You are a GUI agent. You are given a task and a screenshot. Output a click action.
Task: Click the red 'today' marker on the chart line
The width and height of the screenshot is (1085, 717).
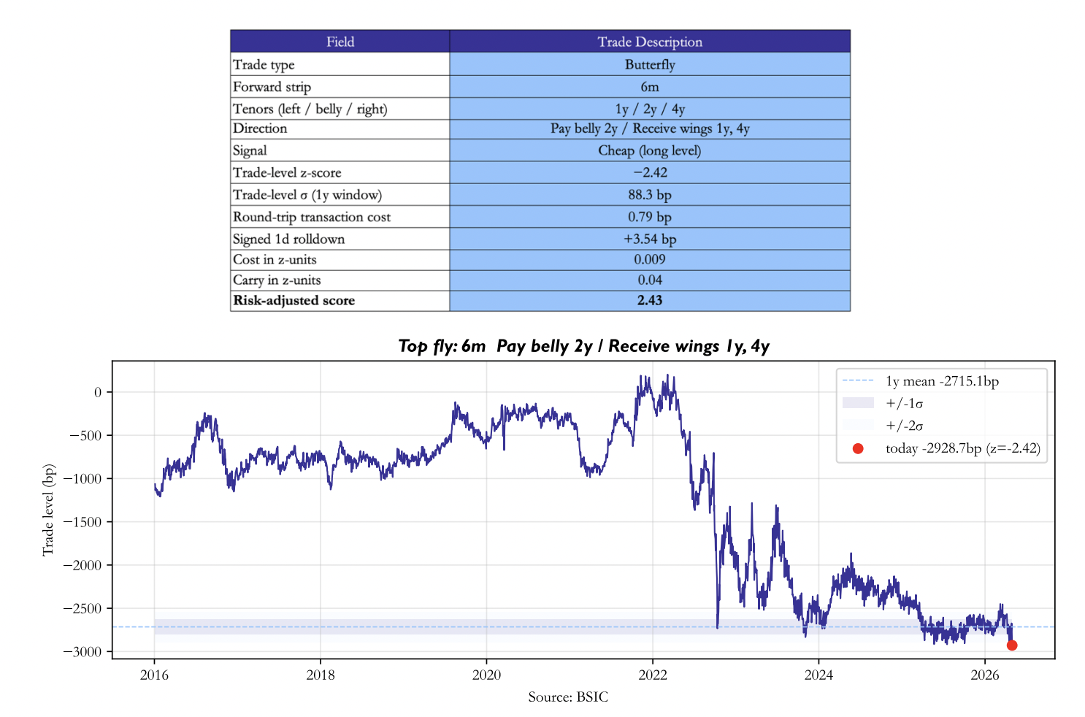tap(1012, 645)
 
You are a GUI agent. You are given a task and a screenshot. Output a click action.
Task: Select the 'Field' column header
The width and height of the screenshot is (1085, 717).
tap(340, 42)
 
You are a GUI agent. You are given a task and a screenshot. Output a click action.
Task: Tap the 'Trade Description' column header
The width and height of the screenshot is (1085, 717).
tap(650, 42)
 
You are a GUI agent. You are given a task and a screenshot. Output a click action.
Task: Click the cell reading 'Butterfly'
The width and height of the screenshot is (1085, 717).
tap(650, 64)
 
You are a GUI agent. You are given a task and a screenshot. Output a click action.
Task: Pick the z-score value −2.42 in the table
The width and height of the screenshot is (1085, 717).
tap(650, 172)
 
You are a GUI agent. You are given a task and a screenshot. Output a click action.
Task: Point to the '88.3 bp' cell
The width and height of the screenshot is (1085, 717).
tap(650, 195)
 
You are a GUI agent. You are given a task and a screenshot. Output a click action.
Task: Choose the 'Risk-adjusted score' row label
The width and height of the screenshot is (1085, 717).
tap(294, 300)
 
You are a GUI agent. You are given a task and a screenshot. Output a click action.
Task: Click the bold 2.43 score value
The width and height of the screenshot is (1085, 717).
tap(650, 300)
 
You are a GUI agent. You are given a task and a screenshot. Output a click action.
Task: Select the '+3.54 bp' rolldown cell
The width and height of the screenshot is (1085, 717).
tap(650, 239)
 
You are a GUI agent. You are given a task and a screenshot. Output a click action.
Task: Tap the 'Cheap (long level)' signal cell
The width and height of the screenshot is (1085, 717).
tap(650, 150)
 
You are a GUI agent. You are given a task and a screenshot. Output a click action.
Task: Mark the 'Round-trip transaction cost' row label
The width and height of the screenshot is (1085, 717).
tap(312, 217)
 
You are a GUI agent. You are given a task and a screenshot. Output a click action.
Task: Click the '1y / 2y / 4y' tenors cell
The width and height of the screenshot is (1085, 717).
tap(650, 109)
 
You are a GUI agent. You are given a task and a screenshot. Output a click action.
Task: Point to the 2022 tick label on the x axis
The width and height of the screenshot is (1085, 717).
tap(653, 675)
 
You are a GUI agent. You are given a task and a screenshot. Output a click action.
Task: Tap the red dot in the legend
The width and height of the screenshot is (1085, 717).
tap(858, 448)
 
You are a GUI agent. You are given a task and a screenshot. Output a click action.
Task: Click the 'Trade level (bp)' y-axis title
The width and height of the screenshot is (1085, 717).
tap(48, 510)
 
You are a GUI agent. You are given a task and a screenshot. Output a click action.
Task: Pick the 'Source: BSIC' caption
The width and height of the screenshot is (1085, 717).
tap(567, 697)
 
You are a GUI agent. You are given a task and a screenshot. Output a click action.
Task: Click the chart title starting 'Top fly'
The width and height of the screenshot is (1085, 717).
tap(583, 346)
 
